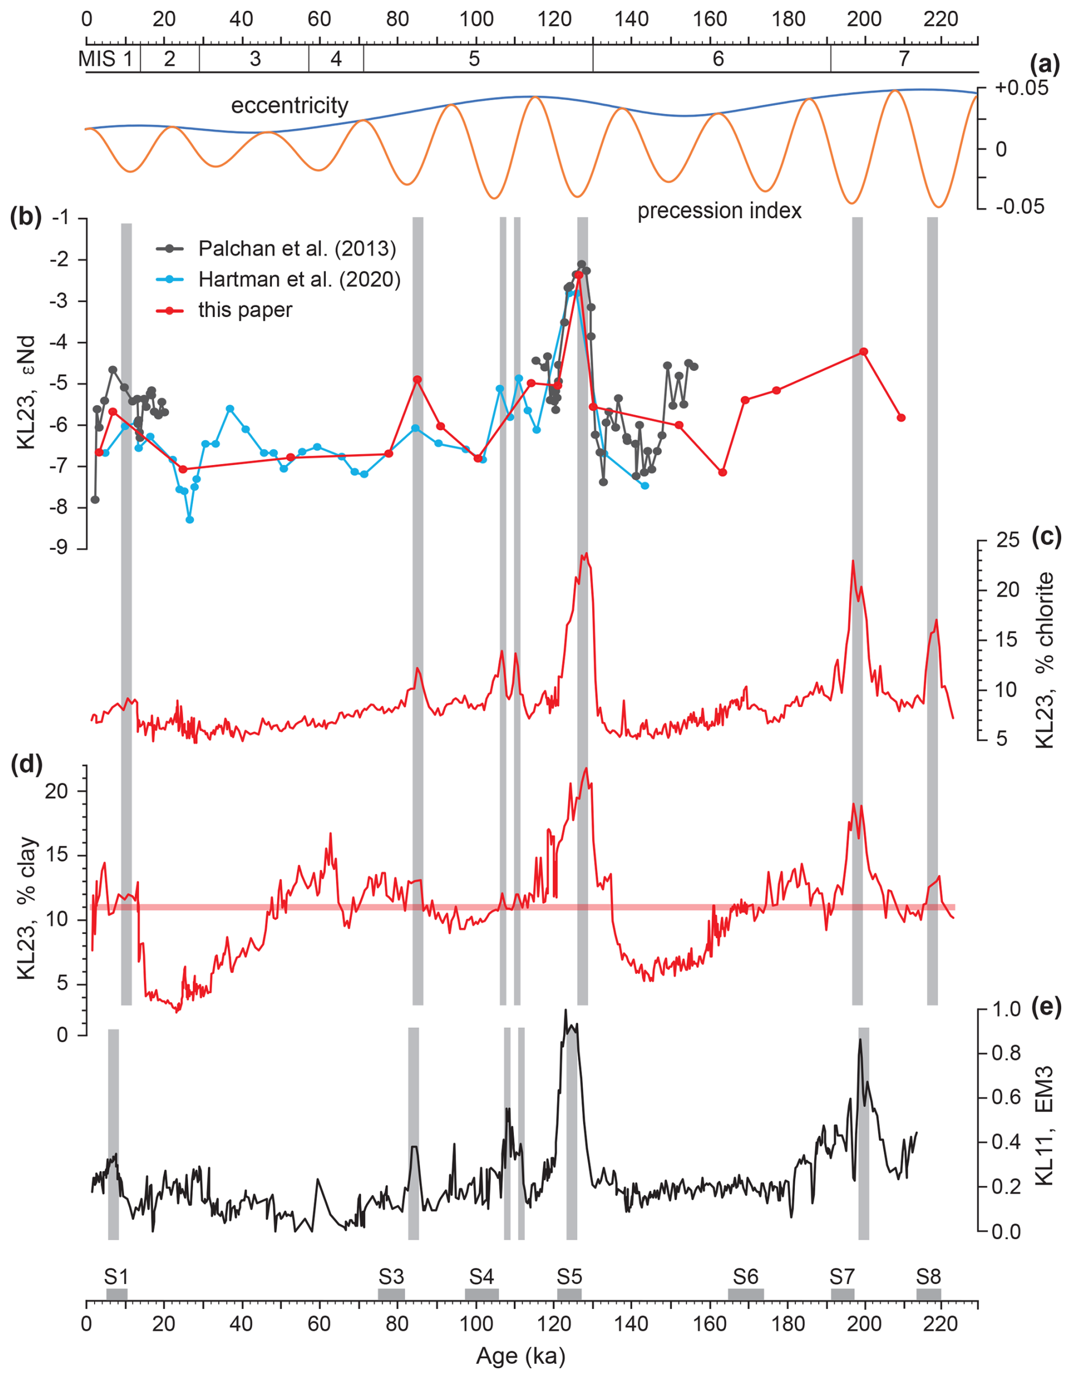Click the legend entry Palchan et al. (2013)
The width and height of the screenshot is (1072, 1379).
click(297, 249)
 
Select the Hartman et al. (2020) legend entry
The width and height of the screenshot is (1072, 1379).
click(299, 279)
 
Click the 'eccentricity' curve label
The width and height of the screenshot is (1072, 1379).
click(290, 105)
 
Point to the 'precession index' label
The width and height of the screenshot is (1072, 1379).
click(719, 211)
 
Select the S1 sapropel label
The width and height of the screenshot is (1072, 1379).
click(116, 1276)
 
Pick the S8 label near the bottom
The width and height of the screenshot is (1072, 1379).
click(928, 1276)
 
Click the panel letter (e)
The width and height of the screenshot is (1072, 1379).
click(1045, 1007)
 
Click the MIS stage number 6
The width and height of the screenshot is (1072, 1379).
click(718, 59)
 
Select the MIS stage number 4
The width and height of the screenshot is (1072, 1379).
click(335, 59)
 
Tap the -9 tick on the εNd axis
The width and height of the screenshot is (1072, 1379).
click(62, 548)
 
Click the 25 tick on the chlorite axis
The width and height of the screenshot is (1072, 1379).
click(1007, 540)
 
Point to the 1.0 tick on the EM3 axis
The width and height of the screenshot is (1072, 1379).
click(1006, 1009)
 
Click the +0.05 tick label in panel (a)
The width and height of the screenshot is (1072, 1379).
click(1022, 88)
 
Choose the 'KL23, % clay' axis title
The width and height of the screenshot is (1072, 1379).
click(27, 909)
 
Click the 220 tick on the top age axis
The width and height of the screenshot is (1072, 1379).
click(941, 19)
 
